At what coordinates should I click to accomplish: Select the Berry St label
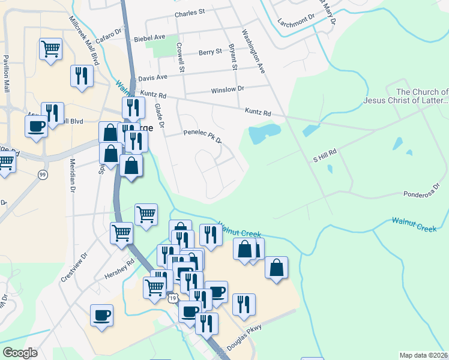211,52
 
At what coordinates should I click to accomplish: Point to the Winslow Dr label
228,89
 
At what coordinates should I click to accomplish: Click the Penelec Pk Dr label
203,136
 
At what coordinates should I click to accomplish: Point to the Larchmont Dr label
296,21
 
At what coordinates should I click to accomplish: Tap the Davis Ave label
152,78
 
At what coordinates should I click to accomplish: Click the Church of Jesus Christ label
414,96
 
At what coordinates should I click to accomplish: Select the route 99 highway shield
43,174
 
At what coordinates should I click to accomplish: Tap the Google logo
20,353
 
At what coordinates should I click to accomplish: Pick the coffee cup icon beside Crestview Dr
101,315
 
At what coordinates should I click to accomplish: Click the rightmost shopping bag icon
276,268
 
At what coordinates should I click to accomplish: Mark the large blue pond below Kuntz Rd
265,134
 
